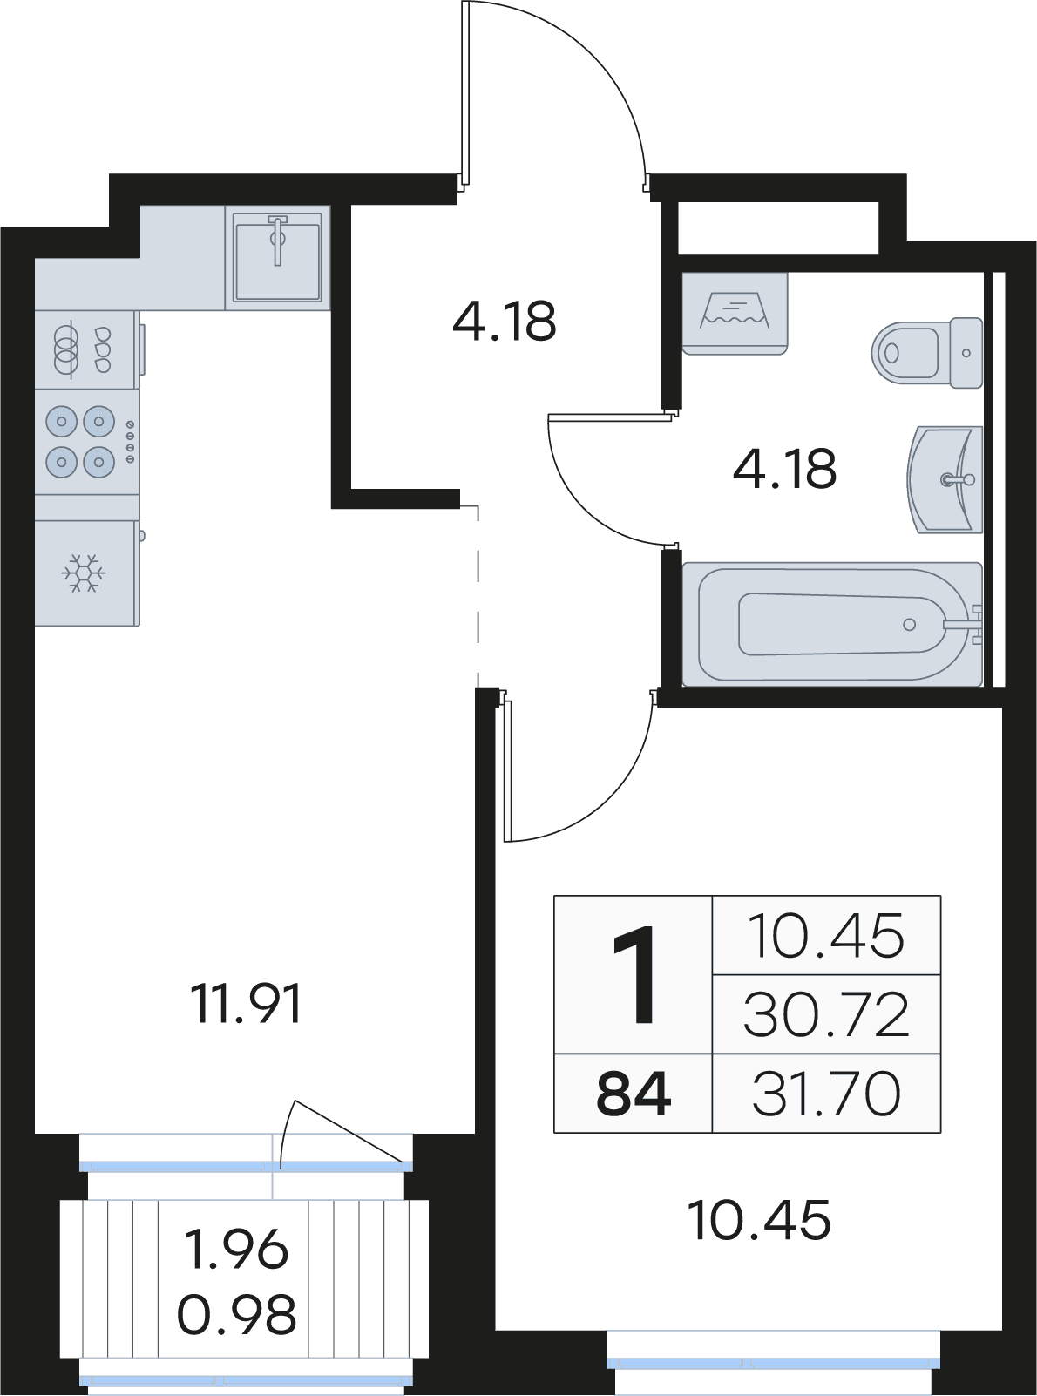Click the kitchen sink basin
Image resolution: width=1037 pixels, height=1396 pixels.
pyautogui.click(x=278, y=257)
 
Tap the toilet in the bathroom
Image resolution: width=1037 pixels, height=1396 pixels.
pyautogui.click(x=927, y=352)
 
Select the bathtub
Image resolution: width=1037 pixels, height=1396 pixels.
pyautogui.click(x=832, y=624)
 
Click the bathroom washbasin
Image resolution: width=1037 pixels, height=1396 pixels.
pyautogui.click(x=945, y=479)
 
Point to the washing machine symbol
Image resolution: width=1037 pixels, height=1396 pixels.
pyautogui.click(x=735, y=314)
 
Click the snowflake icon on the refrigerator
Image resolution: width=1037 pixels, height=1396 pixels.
pyautogui.click(x=83, y=573)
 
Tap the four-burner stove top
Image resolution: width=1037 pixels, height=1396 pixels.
pyautogui.click(x=87, y=442)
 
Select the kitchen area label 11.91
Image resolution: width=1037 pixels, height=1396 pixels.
pyautogui.click(x=247, y=1004)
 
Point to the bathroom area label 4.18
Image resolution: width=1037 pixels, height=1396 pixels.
pyautogui.click(x=784, y=468)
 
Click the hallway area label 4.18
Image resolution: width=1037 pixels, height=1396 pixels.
pyautogui.click(x=505, y=321)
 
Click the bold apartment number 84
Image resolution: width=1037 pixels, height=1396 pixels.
pyautogui.click(x=634, y=1094)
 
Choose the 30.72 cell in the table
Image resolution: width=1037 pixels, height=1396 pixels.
pyautogui.click(x=826, y=1014)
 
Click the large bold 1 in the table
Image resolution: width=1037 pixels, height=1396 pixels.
pyautogui.click(x=634, y=975)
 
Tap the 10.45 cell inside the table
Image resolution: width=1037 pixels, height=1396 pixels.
pyautogui.click(x=826, y=936)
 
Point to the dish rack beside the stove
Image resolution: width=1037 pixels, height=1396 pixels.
pyautogui.click(x=87, y=349)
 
